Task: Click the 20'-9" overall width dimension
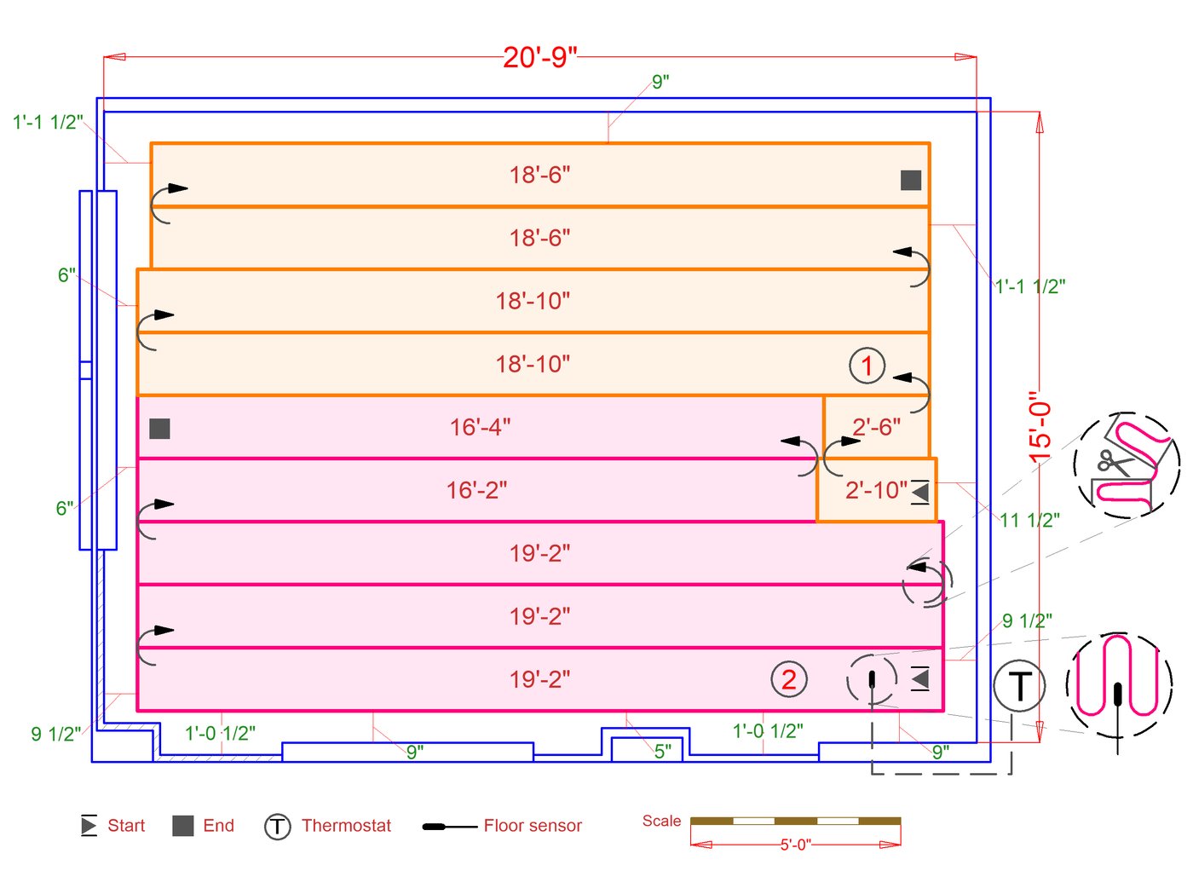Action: click(540, 57)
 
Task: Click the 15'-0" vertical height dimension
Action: click(1040, 427)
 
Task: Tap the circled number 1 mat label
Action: click(867, 366)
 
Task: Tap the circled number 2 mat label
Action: click(788, 679)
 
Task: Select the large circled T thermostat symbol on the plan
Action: click(1019, 685)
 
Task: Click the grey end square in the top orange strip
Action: click(911, 180)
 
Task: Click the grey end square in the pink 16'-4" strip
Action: click(159, 429)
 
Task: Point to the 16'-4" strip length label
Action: click(480, 427)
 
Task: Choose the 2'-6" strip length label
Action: click(876, 427)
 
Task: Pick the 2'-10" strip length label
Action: click(876, 490)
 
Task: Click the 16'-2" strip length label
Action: click(476, 490)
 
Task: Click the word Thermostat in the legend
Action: click(346, 826)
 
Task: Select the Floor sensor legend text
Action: click(533, 826)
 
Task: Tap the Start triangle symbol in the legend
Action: click(89, 825)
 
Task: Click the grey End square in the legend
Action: click(183, 826)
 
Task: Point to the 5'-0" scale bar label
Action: click(795, 845)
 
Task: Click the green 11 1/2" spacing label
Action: click(1029, 520)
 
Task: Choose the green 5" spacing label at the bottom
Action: click(663, 751)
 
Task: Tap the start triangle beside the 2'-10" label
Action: click(919, 492)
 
